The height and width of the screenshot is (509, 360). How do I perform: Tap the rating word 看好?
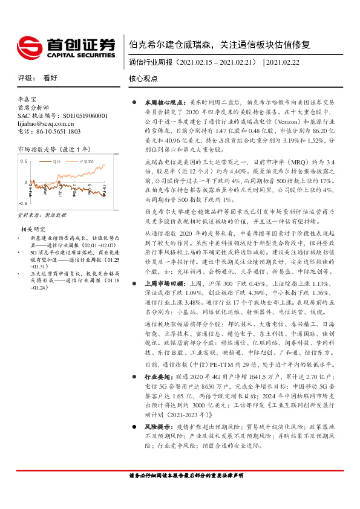pyautogui.click(x=50, y=79)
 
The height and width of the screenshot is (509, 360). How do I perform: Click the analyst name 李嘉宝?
pyautogui.click(x=27, y=98)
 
